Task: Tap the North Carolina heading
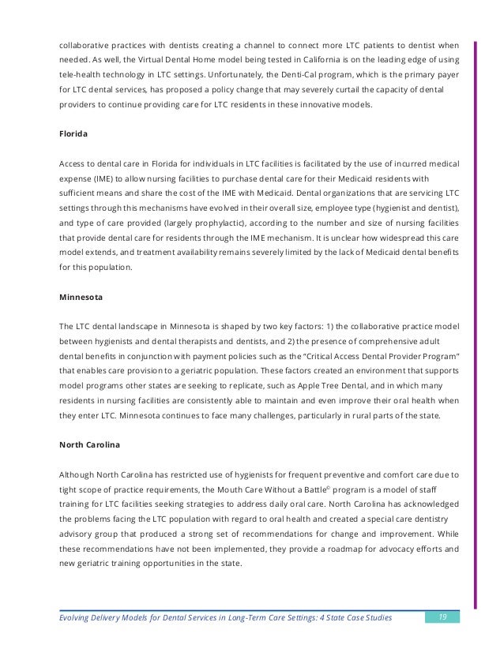[90, 444]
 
